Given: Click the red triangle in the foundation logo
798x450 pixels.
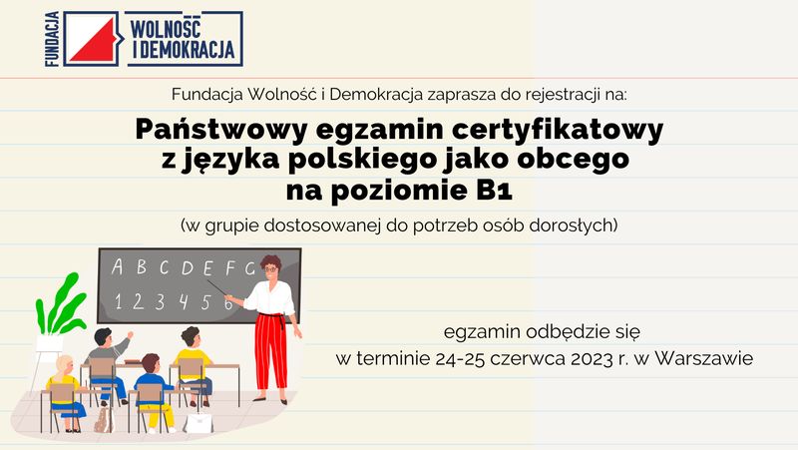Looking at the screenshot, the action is coord(96,43).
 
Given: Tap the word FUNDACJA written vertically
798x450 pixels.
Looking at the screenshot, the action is coord(53,39).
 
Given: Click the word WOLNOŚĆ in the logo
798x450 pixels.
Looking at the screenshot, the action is coord(166,28).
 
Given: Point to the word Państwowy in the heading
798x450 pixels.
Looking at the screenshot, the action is coord(221,131).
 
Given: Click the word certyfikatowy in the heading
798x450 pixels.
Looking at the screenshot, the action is coord(558,131).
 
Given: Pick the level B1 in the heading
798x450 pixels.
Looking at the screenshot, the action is coord(494,191).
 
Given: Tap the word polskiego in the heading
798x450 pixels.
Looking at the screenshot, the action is coord(361,160).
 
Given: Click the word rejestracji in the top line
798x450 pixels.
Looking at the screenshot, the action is coord(559,95).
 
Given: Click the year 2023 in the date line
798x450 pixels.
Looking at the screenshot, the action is coord(592,359).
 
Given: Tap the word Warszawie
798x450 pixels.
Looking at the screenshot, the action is coord(704,358).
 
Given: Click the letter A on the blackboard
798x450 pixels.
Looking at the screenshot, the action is coord(118,266).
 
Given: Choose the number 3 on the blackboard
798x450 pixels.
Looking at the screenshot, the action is coord(161,302).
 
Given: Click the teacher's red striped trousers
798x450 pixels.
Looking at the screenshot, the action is coord(270,351).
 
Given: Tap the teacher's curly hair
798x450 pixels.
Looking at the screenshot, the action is coord(270,263).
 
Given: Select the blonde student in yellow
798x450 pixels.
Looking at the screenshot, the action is coord(66,393).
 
